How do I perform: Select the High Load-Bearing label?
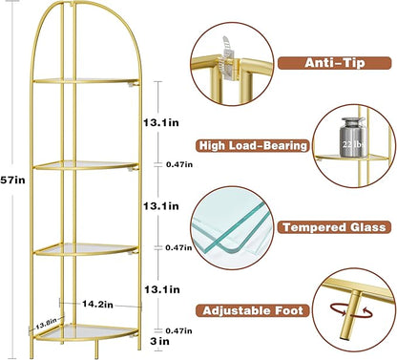point(253,146)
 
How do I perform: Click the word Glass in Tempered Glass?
point(366,227)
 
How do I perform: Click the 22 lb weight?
point(350,145)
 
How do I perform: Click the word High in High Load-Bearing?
point(211,146)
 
